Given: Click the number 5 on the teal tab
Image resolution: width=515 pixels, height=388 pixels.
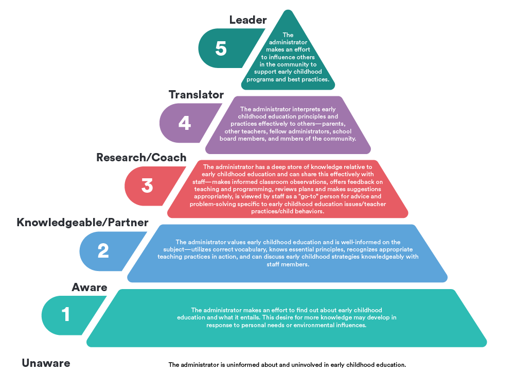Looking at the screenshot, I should tap(221, 48).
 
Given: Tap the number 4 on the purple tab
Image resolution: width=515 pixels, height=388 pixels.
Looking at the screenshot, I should tap(184, 123).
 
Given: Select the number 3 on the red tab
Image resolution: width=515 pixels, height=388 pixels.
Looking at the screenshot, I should tap(147, 185).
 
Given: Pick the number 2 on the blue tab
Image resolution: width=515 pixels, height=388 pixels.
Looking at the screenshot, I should tap(103, 250).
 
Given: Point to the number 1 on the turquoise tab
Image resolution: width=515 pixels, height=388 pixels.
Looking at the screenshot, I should tap(66, 314).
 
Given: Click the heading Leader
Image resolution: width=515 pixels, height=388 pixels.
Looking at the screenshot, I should tap(248, 20).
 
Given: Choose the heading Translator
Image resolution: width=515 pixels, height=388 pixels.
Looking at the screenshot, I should tap(196, 95).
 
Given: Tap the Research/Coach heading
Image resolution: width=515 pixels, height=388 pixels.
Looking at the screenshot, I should tap(141, 158).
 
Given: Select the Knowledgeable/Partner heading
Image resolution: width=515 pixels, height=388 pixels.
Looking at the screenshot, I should tap(82, 223).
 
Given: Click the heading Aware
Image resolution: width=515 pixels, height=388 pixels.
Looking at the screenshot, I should tap(90, 287).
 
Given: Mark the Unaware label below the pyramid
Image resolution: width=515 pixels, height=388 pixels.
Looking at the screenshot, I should tap(46, 363).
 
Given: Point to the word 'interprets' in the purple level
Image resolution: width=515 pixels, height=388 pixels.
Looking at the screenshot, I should tap(304, 109).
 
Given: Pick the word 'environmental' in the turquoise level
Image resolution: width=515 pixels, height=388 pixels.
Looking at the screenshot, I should tap(299, 325).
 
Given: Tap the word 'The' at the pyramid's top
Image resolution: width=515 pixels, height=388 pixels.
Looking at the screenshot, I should tap(288, 35).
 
